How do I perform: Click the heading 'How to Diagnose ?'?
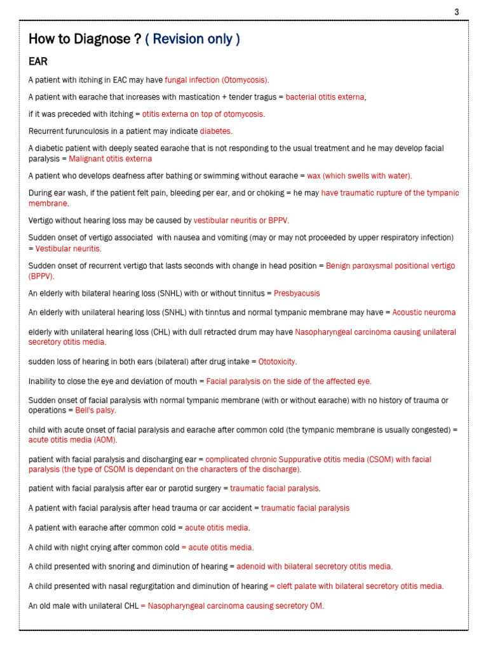[85, 39]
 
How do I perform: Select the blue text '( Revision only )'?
[193, 39]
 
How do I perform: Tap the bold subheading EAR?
[38, 62]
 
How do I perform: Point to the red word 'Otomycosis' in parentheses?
[245, 80]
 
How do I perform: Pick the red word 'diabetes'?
[215, 131]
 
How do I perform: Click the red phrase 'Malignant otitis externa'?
[110, 158]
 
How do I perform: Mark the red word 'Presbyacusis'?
[297, 293]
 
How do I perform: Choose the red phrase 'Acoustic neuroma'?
[424, 312]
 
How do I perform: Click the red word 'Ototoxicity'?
[277, 362]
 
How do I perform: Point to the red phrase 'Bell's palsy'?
[96, 410]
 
